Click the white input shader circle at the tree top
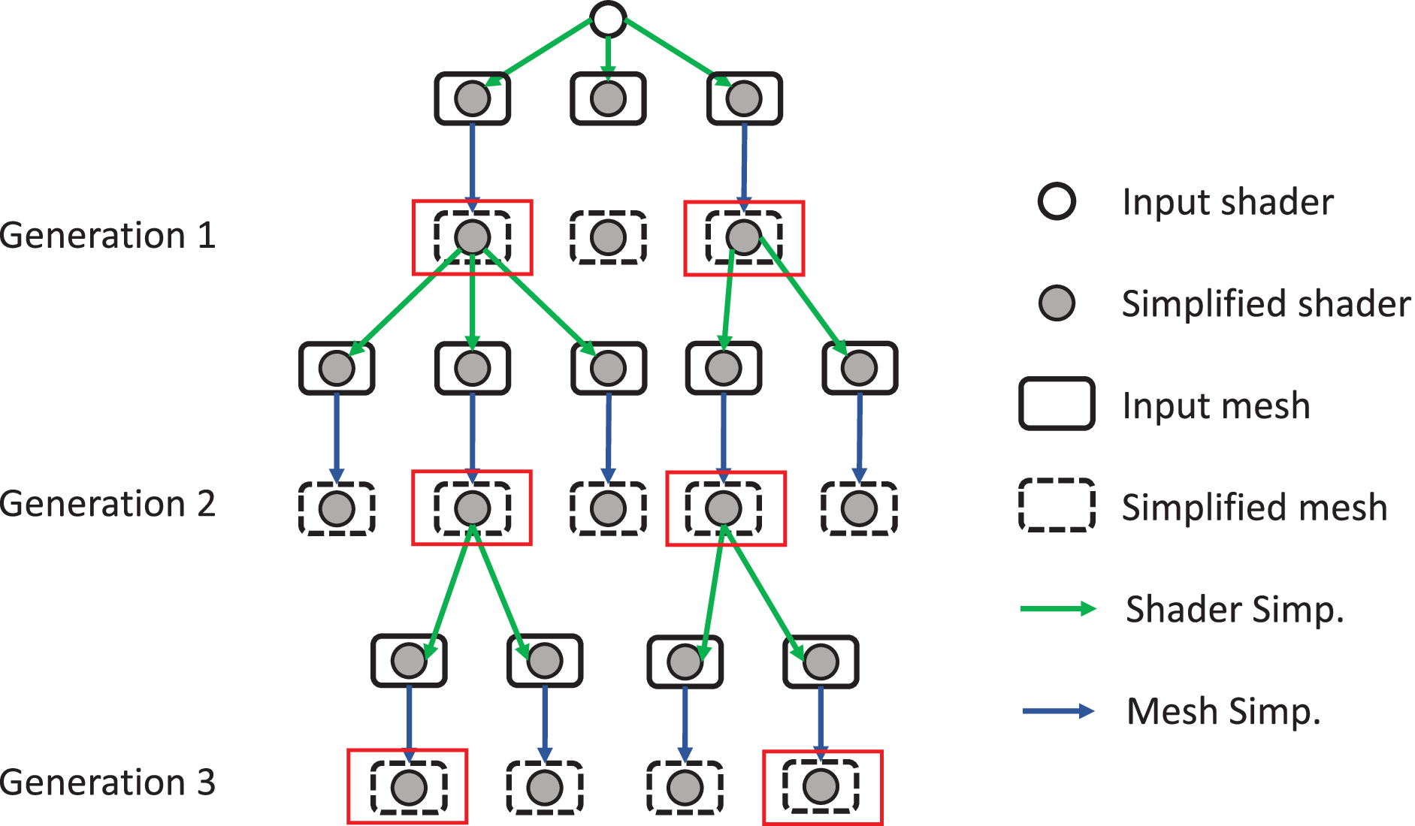point(608,19)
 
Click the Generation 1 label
point(108,236)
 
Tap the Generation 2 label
point(108,504)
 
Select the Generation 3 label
point(108,782)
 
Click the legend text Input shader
point(1227,202)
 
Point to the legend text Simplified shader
point(1265,304)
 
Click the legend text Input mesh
point(1216,406)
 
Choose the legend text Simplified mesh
point(1254,508)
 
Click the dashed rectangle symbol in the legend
point(1057,505)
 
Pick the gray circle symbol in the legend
point(1057,303)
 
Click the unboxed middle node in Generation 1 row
point(608,237)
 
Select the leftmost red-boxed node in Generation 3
point(408,787)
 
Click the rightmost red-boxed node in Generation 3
point(821,787)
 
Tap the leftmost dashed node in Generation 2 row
point(337,508)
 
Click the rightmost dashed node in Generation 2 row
point(859,508)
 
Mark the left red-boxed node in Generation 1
point(473,237)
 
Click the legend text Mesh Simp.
point(1223,711)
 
